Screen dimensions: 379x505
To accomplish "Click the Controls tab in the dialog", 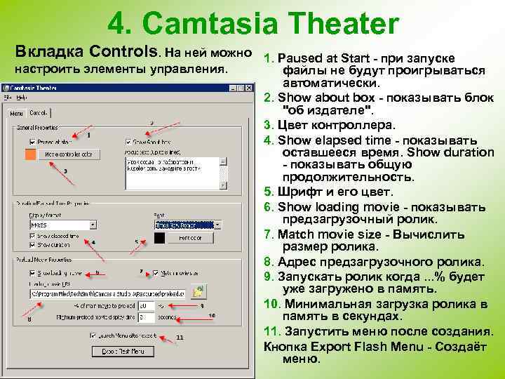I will [x=39, y=113].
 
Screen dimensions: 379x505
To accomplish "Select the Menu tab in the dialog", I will [x=17, y=114].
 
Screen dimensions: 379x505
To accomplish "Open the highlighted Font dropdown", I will [x=217, y=225].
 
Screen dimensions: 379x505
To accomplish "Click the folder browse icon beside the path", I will [x=199, y=291].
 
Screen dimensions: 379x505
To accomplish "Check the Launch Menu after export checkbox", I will [x=93, y=335].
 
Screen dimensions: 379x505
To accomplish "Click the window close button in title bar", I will [x=249, y=88].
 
